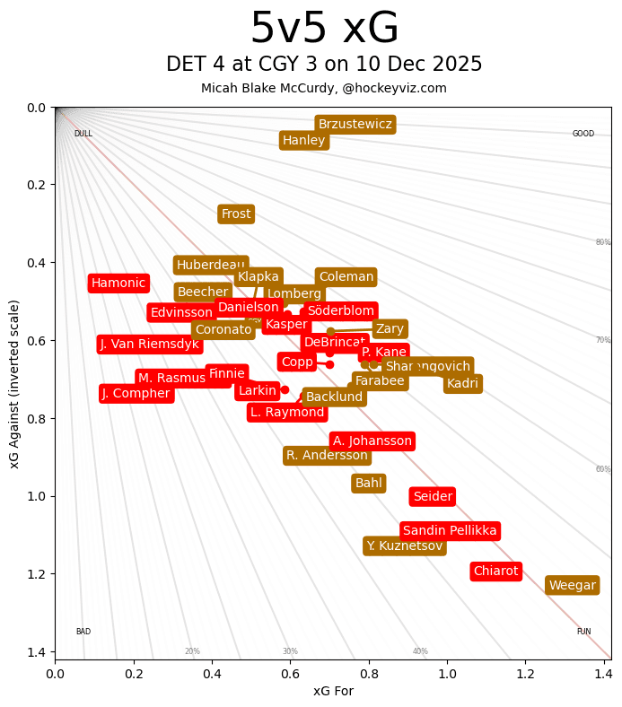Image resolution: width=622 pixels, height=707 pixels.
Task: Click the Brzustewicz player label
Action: tap(355, 125)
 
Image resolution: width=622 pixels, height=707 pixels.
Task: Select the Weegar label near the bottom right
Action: tap(572, 586)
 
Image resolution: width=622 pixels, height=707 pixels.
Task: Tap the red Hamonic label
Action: tap(118, 284)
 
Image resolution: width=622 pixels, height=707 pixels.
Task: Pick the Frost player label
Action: tap(236, 214)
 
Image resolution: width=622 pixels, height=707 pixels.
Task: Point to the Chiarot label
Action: tap(495, 572)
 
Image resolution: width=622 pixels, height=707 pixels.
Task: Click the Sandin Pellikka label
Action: tap(450, 531)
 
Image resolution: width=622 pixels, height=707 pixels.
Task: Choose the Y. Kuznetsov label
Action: tap(404, 546)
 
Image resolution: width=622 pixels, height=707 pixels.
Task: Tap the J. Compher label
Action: tap(136, 394)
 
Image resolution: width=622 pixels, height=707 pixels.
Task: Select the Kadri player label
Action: tap(462, 384)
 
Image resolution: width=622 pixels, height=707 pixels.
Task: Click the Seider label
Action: tap(432, 497)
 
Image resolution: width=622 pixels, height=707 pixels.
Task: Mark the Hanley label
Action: tap(304, 141)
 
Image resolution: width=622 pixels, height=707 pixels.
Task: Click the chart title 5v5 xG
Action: tap(324, 29)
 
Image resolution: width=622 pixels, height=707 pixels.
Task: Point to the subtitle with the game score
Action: tap(324, 65)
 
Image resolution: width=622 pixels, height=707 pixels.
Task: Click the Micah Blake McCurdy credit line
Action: tap(324, 89)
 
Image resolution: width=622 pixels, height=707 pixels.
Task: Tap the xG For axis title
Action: tap(333, 691)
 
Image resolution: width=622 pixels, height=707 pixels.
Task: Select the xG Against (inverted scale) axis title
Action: tap(14, 383)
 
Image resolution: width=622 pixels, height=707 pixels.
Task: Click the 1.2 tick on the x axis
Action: tap(525, 672)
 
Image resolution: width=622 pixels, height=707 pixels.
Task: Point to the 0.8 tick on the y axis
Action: tap(37, 419)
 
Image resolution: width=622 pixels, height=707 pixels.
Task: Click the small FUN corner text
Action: tap(583, 632)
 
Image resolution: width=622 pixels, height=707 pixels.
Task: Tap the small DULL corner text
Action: tap(83, 135)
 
